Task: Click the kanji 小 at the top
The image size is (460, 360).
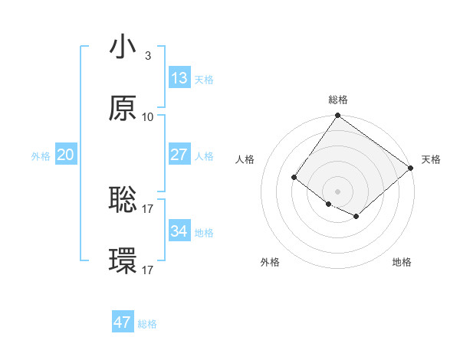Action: point(123,47)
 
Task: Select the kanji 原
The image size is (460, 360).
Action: point(123,109)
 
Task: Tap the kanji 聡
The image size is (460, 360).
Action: point(123,200)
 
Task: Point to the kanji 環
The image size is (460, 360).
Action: point(123,262)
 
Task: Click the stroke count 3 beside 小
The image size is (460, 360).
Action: point(147,55)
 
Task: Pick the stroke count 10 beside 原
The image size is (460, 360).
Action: point(147,116)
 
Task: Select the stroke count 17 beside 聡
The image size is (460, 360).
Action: point(147,208)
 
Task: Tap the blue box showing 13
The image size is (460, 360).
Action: point(179,78)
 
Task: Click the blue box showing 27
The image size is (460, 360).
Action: point(179,155)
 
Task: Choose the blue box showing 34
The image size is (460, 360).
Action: point(179,231)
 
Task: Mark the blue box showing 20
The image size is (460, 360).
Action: point(65,155)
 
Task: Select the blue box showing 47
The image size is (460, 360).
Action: point(122,322)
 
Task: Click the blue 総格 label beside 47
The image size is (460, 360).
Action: point(147,324)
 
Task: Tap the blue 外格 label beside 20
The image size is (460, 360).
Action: point(41,156)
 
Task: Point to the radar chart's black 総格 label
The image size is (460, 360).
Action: point(338,100)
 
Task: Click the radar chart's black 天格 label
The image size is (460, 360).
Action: point(431,159)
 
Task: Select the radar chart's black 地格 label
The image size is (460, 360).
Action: point(402,262)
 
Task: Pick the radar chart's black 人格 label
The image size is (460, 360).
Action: point(245,159)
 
